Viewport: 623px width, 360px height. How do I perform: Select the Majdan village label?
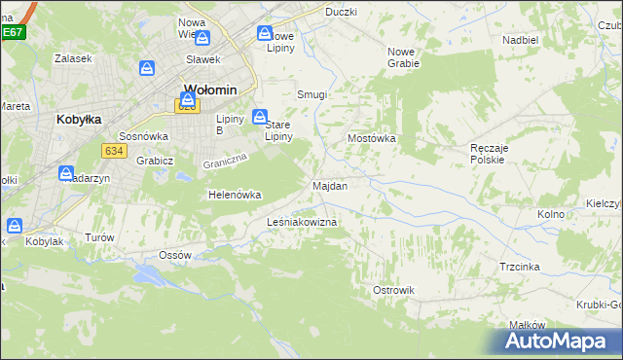(x=330, y=185)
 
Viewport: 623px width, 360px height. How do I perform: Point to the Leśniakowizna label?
(x=302, y=223)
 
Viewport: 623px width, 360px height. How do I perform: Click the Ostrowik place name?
(x=393, y=290)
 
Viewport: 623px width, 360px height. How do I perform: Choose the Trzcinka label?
(x=520, y=266)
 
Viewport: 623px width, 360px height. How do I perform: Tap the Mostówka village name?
(x=372, y=139)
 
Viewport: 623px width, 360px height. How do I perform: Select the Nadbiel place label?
(x=521, y=40)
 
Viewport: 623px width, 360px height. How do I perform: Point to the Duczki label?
(x=341, y=12)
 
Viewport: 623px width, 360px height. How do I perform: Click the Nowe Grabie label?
(x=403, y=57)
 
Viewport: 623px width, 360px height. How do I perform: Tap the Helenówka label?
(x=236, y=195)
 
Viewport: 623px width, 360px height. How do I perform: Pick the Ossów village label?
(x=174, y=255)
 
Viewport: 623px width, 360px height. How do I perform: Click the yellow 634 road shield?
(x=114, y=150)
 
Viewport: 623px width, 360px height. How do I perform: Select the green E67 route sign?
(x=12, y=32)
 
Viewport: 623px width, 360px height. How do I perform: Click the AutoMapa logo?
(x=556, y=341)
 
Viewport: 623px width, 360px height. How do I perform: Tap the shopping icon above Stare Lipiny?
(x=260, y=117)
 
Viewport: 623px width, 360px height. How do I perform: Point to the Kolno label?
(x=551, y=213)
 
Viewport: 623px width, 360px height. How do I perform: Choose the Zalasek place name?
(x=73, y=58)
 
